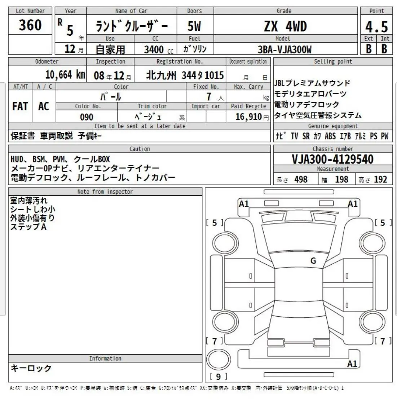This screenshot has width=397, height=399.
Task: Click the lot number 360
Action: [x=30, y=25]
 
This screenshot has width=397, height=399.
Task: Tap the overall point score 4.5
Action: [x=376, y=27]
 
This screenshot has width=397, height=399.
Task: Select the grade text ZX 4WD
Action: [x=285, y=27]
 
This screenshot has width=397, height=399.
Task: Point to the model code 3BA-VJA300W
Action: [x=285, y=49]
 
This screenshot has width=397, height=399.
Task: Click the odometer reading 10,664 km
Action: [x=65, y=75]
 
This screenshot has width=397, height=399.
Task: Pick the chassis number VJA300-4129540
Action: [x=332, y=159]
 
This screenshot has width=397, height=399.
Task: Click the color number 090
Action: [x=87, y=117]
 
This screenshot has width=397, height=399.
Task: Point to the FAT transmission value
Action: [x=20, y=106]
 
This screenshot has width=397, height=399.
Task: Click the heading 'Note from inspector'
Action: [x=105, y=192]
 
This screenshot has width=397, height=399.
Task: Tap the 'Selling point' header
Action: [x=332, y=61]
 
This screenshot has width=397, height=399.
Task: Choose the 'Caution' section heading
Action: [x=140, y=149]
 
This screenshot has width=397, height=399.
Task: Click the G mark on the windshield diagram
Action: [x=313, y=260]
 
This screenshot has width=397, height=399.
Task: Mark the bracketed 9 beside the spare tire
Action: [x=218, y=377]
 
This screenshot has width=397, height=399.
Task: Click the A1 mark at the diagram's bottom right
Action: [x=352, y=364]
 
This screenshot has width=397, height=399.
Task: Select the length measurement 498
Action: [x=301, y=179]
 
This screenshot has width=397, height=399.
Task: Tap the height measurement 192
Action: [x=380, y=179]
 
